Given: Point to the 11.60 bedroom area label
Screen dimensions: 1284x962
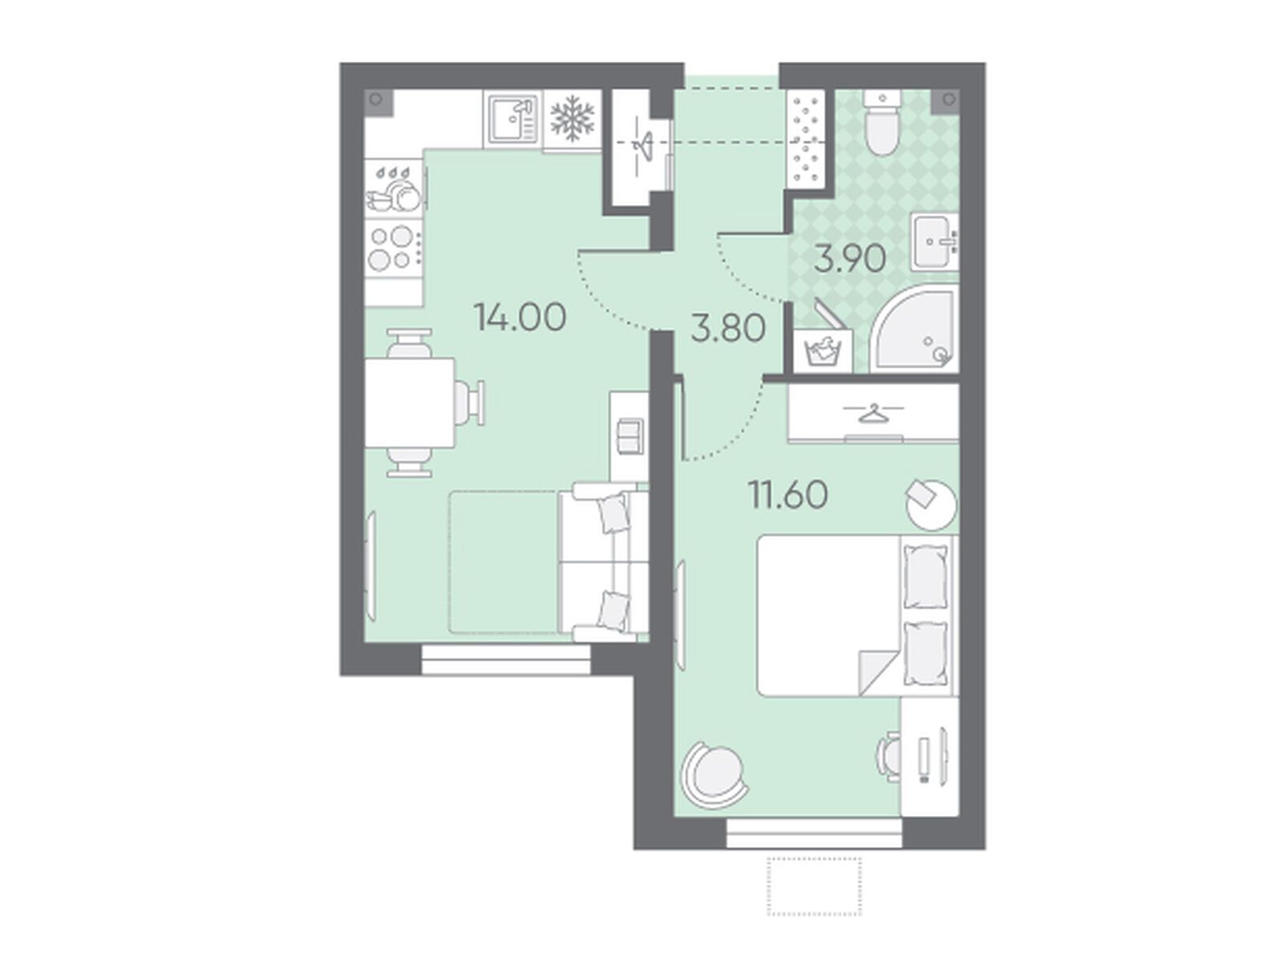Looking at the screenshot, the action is click(788, 495).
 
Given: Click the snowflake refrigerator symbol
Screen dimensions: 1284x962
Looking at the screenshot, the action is click(572, 119).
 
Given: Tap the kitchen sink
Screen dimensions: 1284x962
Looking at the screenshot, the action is click(513, 120).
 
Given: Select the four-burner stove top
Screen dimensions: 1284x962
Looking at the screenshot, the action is click(394, 247).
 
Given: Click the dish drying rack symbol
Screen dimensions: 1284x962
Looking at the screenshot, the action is click(394, 189).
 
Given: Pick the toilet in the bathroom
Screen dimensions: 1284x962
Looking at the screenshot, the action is click(881, 122).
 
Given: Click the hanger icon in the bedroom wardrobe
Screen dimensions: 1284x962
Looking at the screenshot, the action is click(873, 413).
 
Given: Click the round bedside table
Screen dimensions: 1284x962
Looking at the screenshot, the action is click(931, 504).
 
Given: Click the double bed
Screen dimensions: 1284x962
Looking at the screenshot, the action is click(858, 616).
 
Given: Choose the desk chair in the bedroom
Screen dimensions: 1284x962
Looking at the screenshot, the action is click(888, 756).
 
